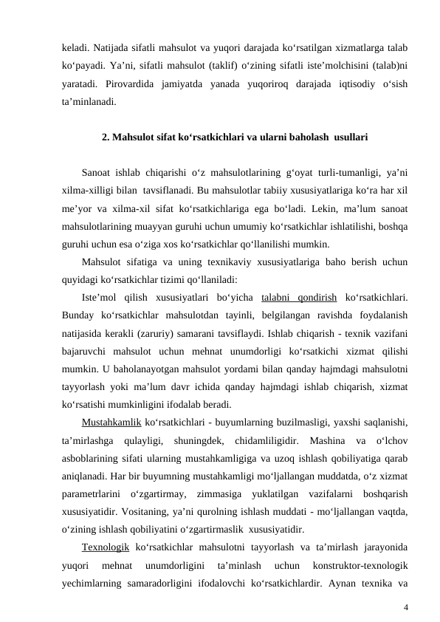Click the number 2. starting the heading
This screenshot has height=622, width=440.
click(106, 137)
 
